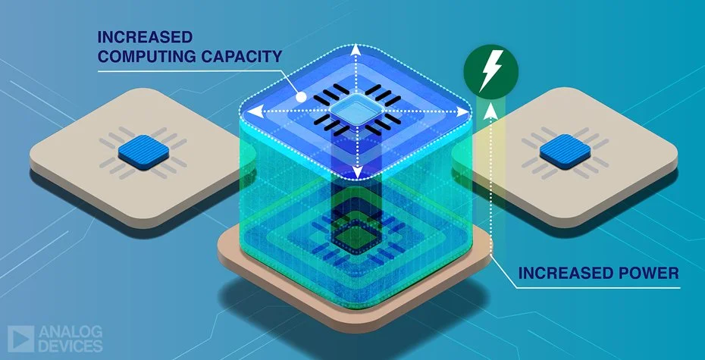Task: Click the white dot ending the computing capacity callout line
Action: (301, 98)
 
